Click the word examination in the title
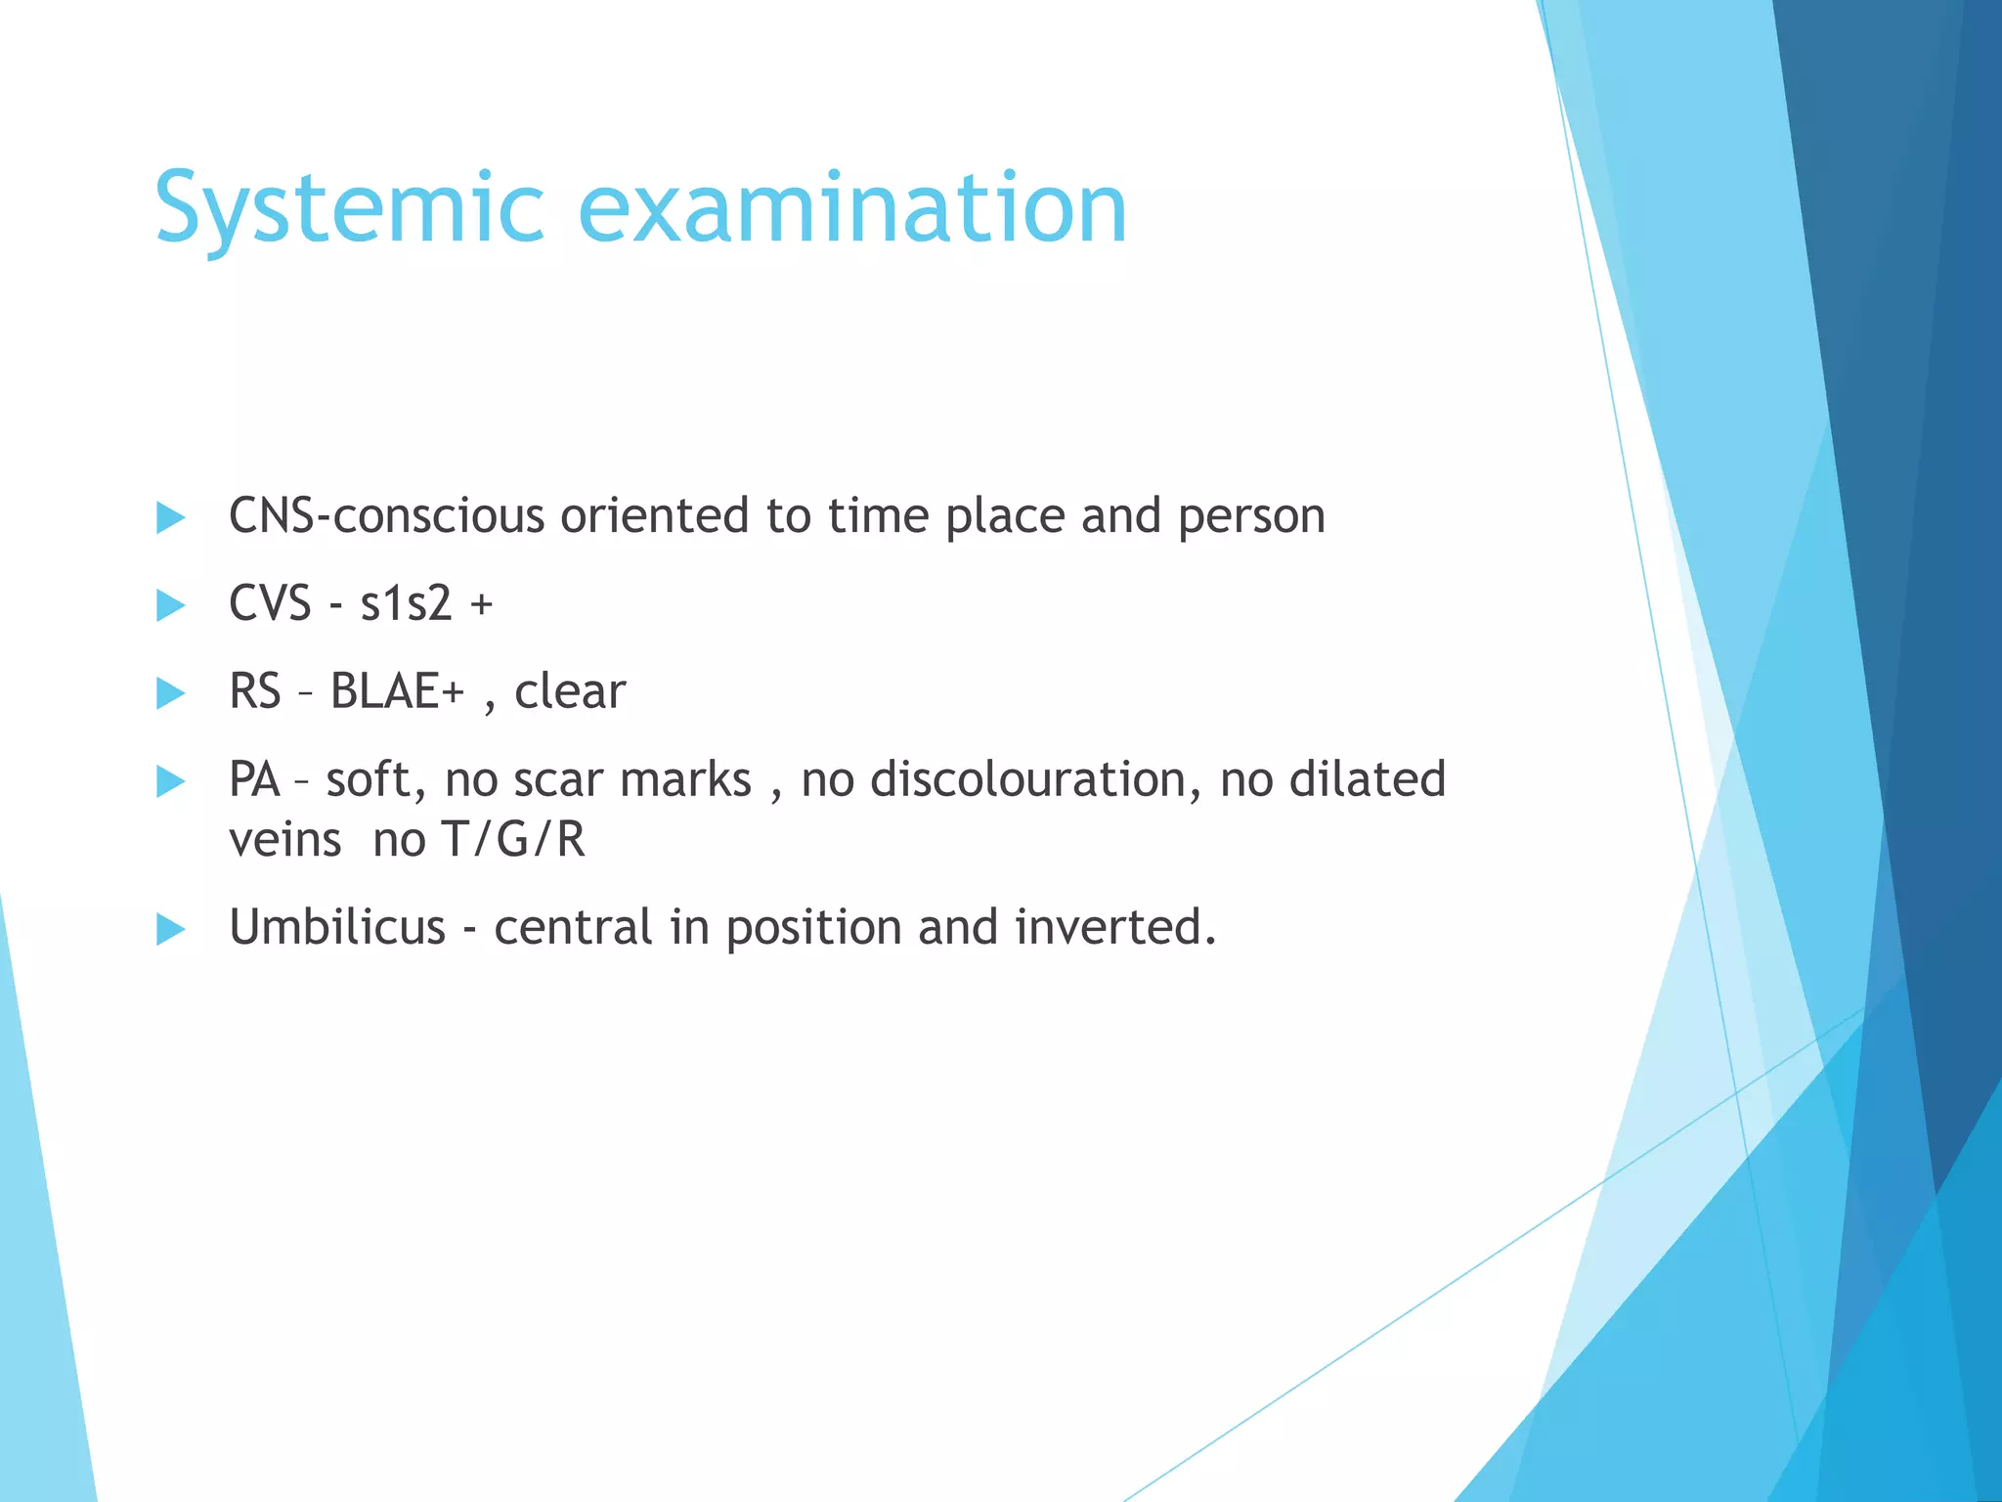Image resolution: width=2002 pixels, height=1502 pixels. point(852,208)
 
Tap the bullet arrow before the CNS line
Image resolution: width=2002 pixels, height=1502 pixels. point(170,517)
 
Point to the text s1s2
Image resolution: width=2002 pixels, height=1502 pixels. point(406,603)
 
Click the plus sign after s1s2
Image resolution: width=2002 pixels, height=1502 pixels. point(481,605)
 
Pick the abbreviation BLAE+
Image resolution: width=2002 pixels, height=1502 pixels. point(397,691)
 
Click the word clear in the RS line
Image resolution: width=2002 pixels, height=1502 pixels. point(569,691)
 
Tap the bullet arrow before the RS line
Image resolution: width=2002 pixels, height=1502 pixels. point(170,693)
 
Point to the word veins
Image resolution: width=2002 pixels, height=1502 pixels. point(284,840)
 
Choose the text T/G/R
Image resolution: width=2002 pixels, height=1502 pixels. point(513,840)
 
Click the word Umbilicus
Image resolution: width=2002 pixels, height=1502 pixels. point(337,927)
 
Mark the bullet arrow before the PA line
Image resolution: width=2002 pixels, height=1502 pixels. point(170,781)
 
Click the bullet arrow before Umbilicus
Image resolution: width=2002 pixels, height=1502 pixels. point(170,929)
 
